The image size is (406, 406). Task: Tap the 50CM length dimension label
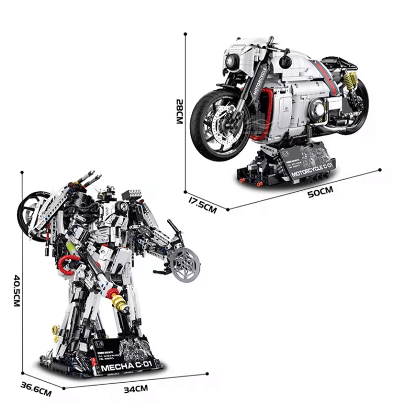pos(320,191)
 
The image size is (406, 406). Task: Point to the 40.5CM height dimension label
pos(16,290)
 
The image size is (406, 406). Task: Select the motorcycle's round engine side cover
pos(318,108)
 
